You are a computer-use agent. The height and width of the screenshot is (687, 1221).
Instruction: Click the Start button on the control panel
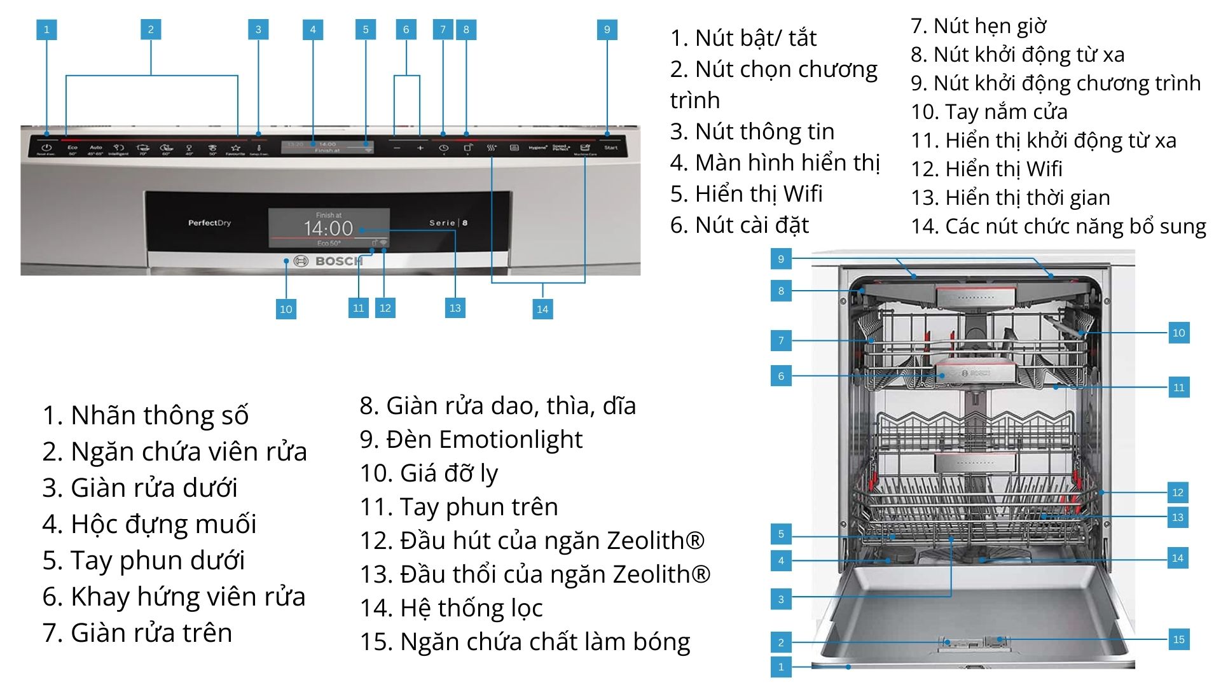[x=610, y=148]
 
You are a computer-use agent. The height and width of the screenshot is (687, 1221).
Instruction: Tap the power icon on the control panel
[x=46, y=148]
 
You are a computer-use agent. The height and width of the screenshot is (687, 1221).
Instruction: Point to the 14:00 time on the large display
[x=328, y=228]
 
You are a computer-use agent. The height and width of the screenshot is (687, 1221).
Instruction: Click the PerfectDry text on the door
[x=209, y=223]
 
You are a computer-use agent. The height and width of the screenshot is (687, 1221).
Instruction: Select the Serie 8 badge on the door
[x=448, y=223]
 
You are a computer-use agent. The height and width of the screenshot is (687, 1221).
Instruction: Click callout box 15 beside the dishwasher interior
[x=1178, y=639]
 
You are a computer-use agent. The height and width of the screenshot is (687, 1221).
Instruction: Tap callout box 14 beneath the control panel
[x=542, y=309]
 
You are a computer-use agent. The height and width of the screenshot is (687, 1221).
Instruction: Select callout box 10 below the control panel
[x=286, y=309]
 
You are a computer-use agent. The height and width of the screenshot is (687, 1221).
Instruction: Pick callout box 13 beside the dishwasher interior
[x=1178, y=517]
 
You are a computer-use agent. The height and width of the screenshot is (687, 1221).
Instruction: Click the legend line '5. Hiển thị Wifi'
[x=746, y=193]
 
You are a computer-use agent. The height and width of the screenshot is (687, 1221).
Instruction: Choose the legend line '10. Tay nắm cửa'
[x=989, y=112]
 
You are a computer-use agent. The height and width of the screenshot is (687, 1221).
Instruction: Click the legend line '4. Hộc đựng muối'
[x=149, y=524]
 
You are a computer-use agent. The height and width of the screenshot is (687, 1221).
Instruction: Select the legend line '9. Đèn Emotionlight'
[x=471, y=440]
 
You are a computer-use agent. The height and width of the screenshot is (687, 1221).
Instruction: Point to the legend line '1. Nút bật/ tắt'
[x=743, y=38]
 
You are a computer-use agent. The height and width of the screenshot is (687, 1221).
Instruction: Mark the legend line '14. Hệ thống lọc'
[x=451, y=608]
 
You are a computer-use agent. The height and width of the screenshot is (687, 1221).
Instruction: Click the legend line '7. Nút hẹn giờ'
[x=978, y=26]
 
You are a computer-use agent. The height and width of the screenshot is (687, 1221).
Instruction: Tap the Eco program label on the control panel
[x=72, y=148]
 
